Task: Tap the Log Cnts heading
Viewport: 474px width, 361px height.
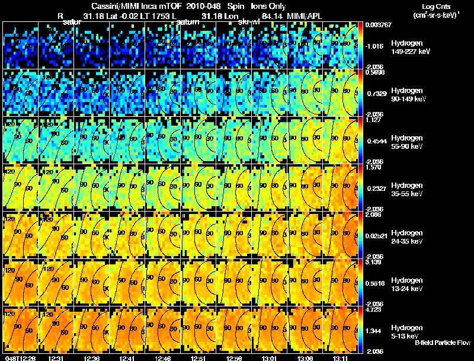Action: click(437, 7)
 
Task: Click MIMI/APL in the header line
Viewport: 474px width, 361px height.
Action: click(306, 15)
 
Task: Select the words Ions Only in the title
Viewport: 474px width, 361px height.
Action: click(267, 6)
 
